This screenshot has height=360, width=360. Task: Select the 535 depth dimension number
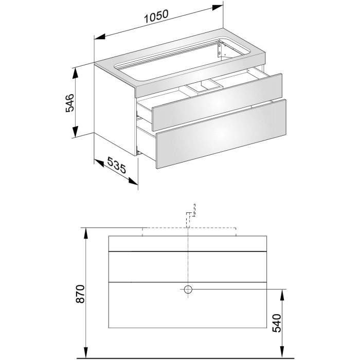click(117, 167)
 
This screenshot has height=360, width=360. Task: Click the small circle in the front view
click(188, 290)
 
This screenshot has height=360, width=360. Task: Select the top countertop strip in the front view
click(188, 243)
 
